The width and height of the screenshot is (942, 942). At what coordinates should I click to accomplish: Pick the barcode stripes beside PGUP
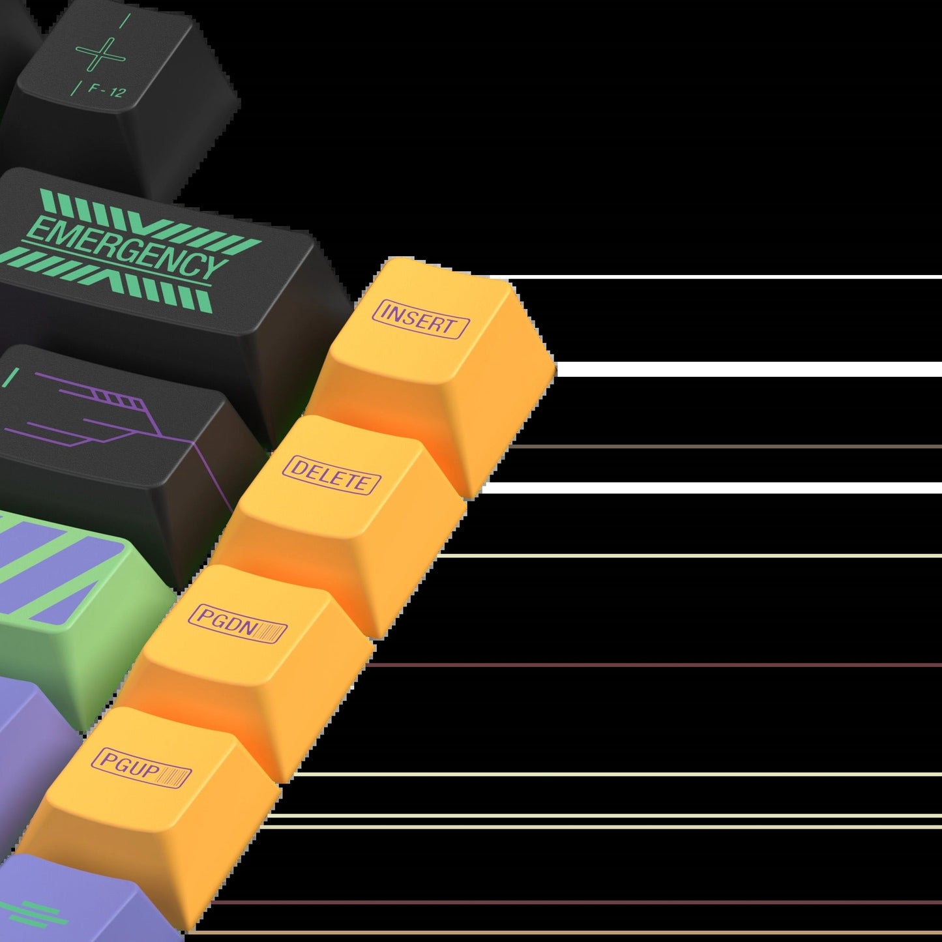click(173, 777)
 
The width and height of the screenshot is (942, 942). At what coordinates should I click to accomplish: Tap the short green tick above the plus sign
click(126, 20)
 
